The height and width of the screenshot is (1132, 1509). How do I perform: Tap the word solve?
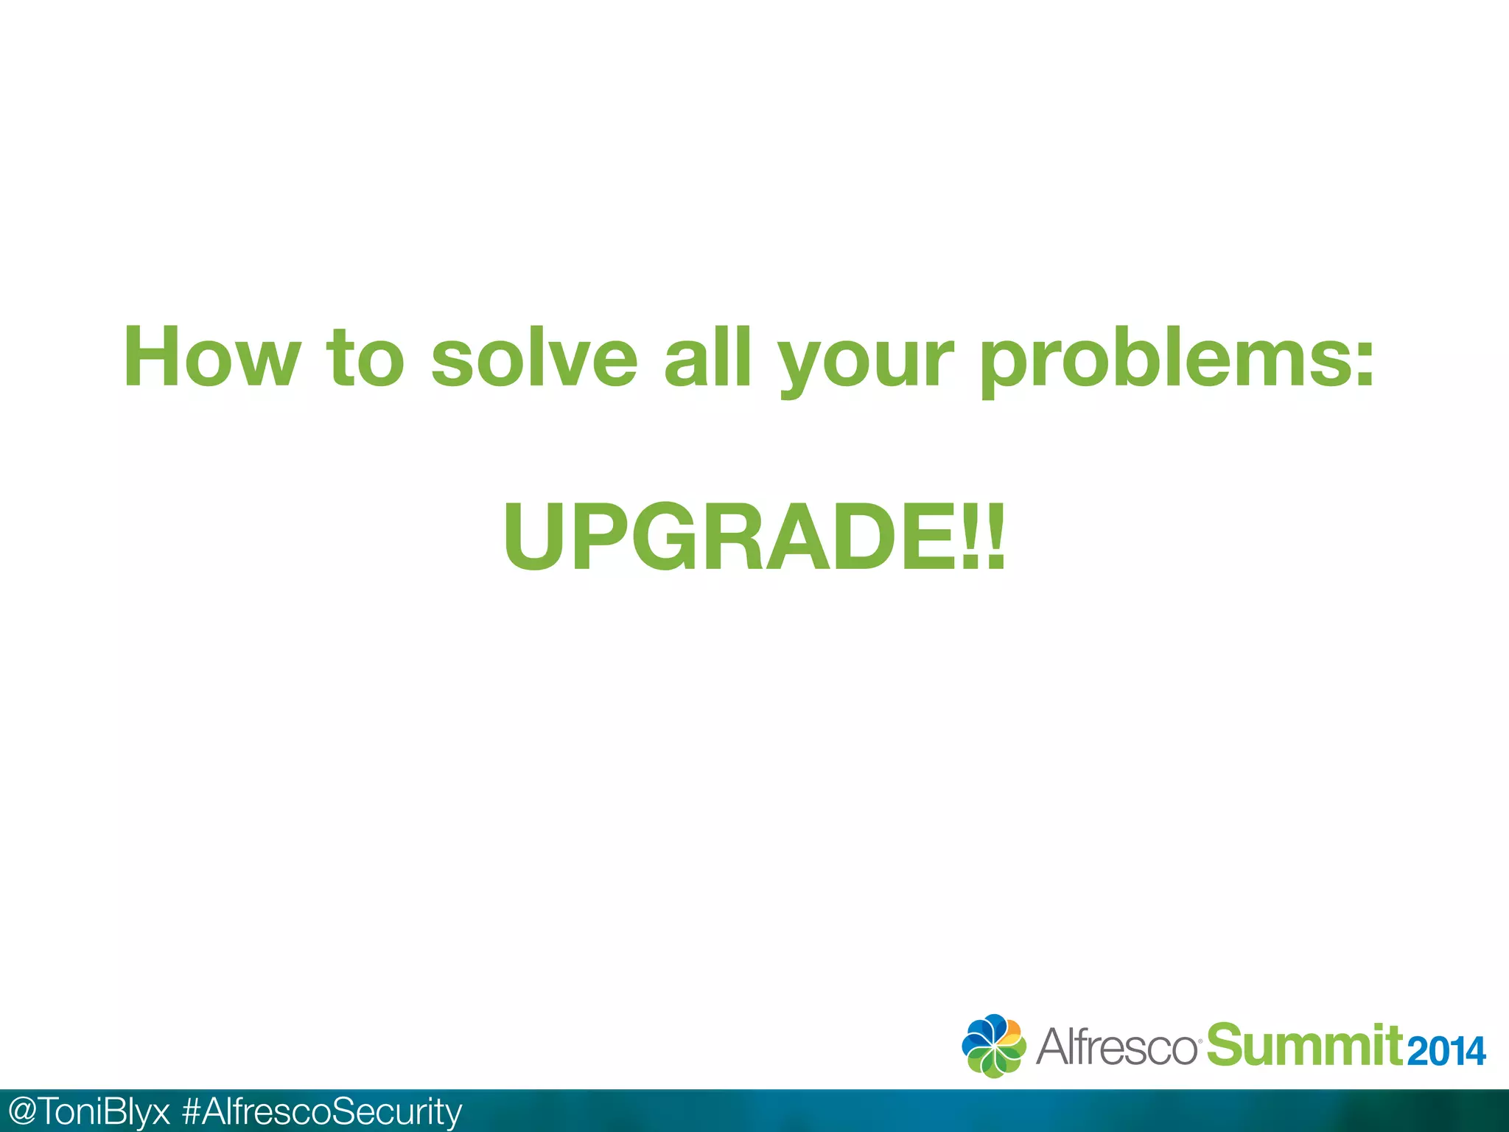(534, 357)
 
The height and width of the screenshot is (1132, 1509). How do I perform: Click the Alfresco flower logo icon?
(993, 1046)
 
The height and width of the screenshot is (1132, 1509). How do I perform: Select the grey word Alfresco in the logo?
(1117, 1047)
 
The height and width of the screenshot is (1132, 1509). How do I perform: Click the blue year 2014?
(1446, 1051)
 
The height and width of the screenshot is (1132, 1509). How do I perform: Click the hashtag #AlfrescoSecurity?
(322, 1111)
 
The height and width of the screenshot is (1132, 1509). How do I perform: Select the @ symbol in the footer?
(19, 1111)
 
